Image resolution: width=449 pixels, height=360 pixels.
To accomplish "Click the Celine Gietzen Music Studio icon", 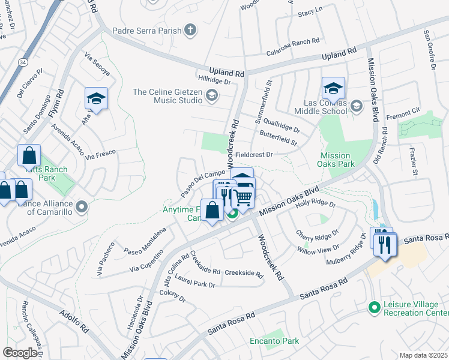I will click(211, 95).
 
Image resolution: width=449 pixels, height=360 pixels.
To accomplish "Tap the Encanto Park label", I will click(274, 341).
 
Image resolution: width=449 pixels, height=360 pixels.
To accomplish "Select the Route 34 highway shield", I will click(22, 62).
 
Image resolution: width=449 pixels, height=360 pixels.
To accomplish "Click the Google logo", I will click(20, 353).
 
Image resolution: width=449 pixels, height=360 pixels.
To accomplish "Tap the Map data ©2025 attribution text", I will click(423, 355).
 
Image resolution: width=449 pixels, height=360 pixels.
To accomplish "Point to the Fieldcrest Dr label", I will click(254, 154).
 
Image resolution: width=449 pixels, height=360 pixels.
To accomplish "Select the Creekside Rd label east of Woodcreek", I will click(244, 274).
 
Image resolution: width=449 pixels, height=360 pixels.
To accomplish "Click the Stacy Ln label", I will click(310, 10).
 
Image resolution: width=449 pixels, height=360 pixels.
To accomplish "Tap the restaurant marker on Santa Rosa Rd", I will click(385, 244).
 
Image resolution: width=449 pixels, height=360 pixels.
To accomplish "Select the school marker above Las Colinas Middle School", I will click(333, 89).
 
